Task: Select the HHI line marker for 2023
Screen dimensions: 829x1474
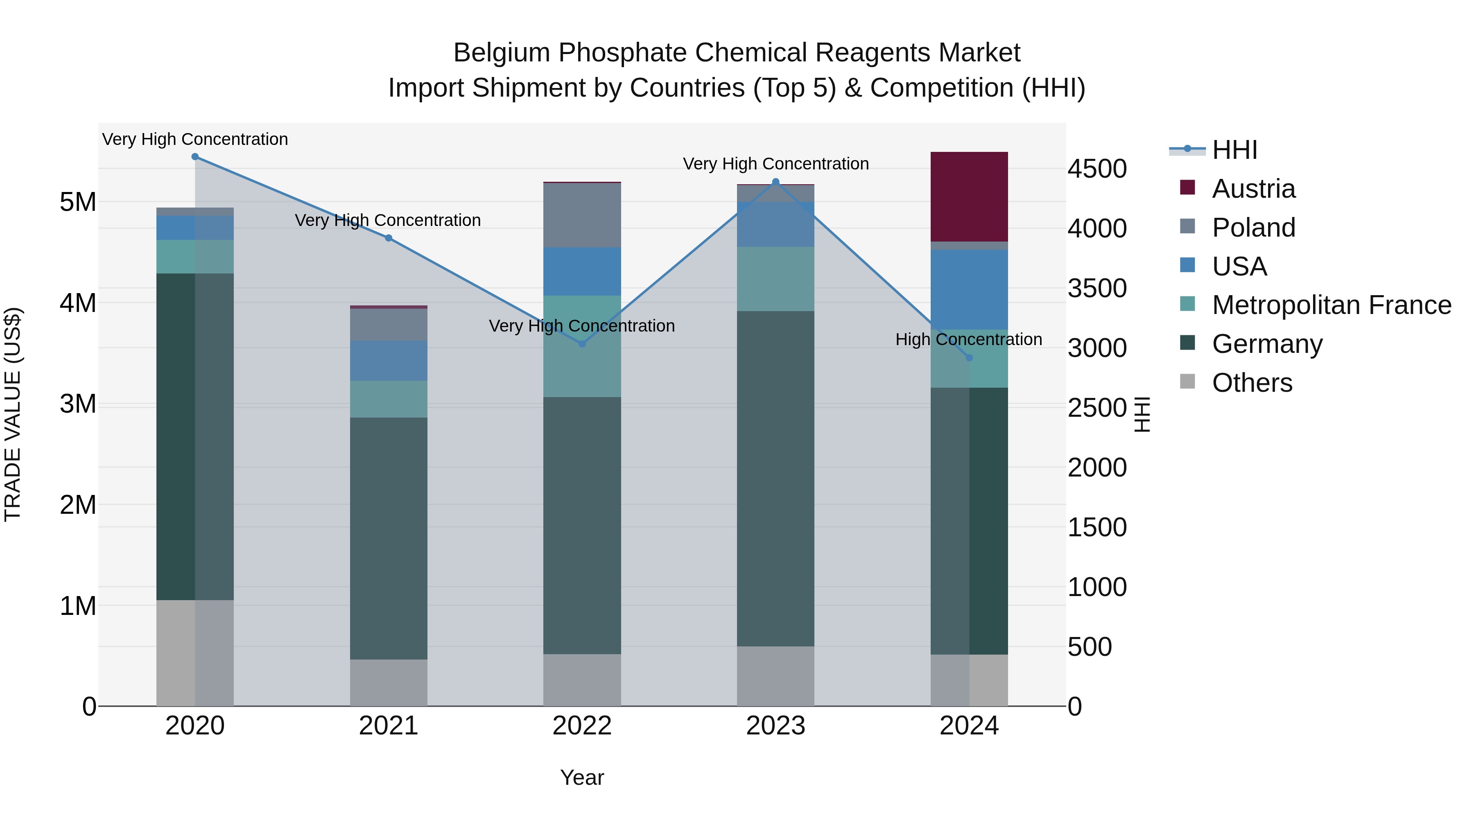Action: (x=775, y=182)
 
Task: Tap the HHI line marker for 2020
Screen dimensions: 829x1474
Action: (x=195, y=157)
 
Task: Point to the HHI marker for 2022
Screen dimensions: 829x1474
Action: (x=582, y=344)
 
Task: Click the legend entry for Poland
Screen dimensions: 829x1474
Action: (x=1253, y=228)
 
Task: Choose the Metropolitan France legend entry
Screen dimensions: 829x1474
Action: (x=1331, y=305)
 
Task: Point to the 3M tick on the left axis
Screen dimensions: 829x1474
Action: (x=78, y=404)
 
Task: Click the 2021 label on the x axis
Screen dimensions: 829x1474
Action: (x=389, y=726)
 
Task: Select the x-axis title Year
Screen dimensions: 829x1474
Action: (x=582, y=777)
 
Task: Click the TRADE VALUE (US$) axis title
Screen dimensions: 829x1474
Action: (x=13, y=414)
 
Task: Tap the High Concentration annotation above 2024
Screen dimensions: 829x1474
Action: (x=968, y=339)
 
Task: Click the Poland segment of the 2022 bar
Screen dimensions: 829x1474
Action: (x=582, y=215)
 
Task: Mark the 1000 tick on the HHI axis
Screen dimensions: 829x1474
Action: (x=1097, y=587)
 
